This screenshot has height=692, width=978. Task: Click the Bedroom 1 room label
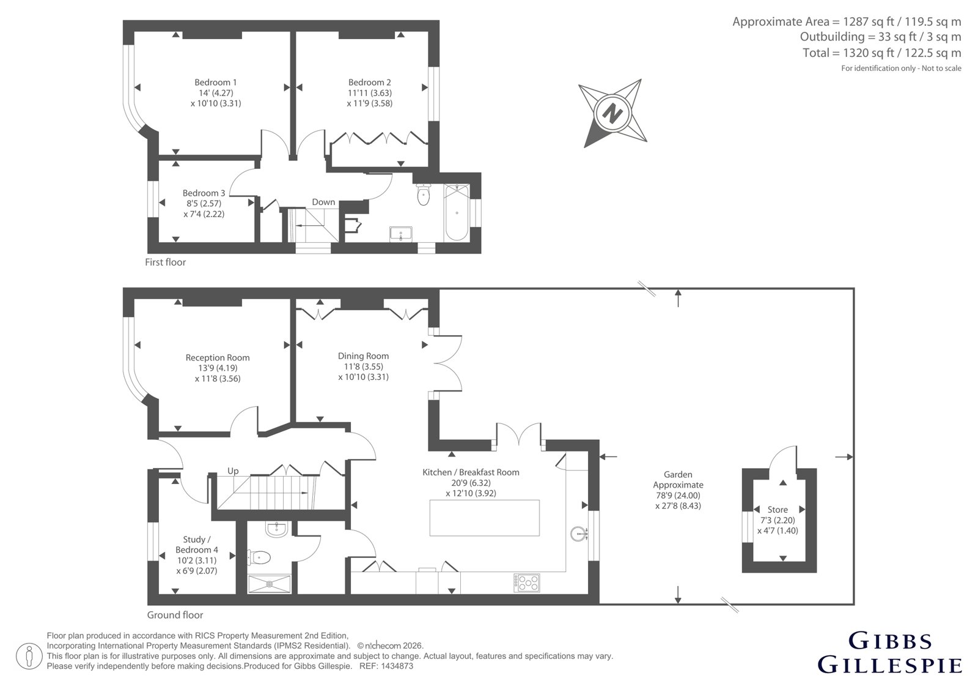(x=216, y=82)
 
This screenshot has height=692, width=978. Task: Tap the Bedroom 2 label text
(x=369, y=82)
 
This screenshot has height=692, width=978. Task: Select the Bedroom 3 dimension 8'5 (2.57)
(x=204, y=203)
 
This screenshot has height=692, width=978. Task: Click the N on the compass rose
(x=612, y=113)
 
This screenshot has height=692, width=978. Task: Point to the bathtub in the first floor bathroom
(x=457, y=212)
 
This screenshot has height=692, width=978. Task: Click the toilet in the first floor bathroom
(x=423, y=194)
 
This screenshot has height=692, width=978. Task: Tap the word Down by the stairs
(x=323, y=202)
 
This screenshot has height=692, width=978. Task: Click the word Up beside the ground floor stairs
(x=233, y=471)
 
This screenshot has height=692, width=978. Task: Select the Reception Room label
(x=218, y=357)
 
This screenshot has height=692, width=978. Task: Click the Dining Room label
(x=363, y=356)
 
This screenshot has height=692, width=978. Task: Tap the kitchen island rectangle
(x=484, y=518)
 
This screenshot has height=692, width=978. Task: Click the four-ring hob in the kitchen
(x=527, y=582)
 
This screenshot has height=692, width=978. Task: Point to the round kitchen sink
(x=579, y=534)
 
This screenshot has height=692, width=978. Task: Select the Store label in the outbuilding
(x=778, y=510)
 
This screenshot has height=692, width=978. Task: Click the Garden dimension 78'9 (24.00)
(x=678, y=495)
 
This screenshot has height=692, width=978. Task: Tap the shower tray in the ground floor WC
(x=269, y=584)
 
